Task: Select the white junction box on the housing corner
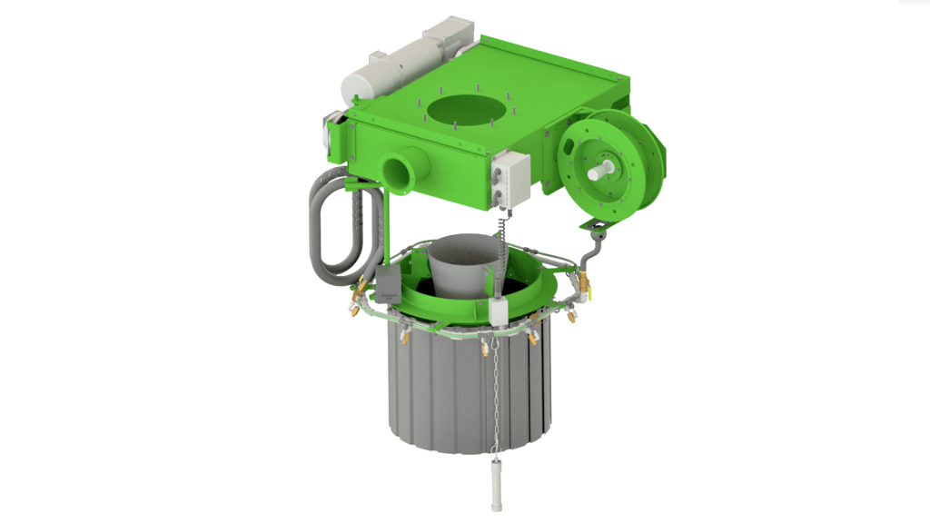pyautogui.click(x=510, y=180)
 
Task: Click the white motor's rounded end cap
pyautogui.click(x=355, y=85)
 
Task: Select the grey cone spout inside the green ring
pyautogui.click(x=463, y=263)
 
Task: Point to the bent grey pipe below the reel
pyautogui.click(x=592, y=249)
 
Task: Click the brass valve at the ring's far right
pyautogui.click(x=583, y=289)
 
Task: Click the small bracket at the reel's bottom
pyautogui.click(x=596, y=223)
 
